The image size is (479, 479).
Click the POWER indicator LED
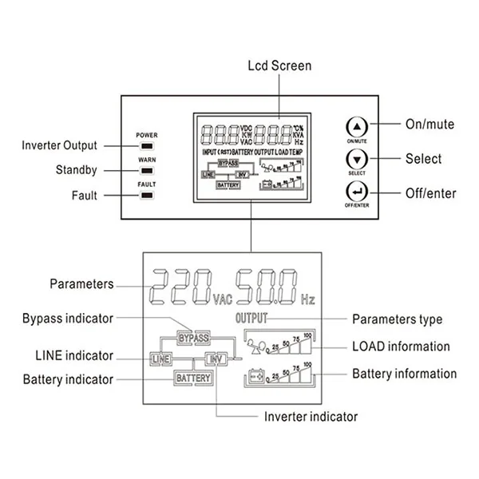pos(146,146)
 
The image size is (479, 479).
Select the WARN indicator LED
pos(146,169)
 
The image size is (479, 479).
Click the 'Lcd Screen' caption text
pos(279,65)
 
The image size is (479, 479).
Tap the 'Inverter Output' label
pos(59,145)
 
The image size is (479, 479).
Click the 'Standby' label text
pos(77,169)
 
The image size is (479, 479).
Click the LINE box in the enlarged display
pos(161,358)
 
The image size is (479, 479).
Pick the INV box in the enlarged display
pos(216,358)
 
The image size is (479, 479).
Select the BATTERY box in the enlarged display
pos(194,378)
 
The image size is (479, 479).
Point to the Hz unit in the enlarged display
pos(308,300)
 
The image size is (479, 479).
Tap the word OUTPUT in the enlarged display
pos(251,319)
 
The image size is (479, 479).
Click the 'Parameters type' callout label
pos(397,319)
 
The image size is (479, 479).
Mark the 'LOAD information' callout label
pos(401,346)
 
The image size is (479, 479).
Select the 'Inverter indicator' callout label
pos(311,416)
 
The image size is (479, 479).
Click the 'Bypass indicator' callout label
pos(68,319)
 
